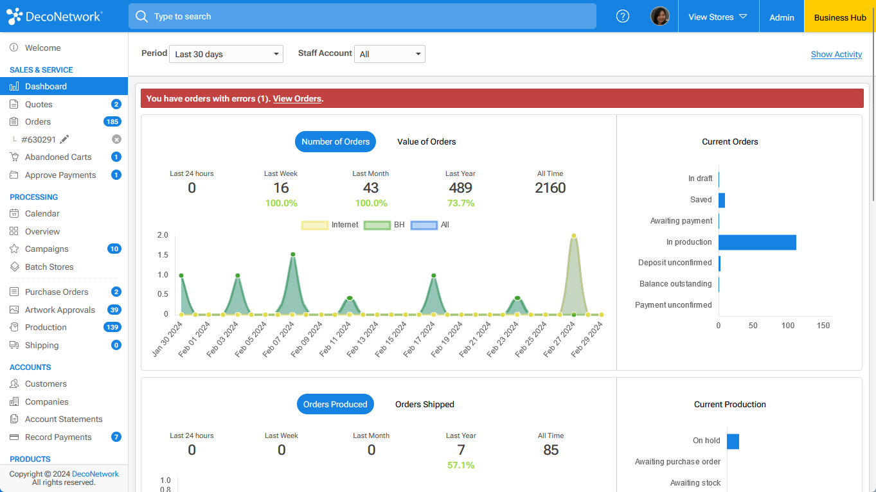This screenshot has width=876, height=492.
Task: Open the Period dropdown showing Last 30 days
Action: point(226,54)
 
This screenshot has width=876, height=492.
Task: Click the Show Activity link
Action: point(836,55)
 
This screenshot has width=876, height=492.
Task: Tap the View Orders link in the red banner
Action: point(297,98)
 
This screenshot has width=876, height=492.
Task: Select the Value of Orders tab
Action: point(426,141)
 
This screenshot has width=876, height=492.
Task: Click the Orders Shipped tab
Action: point(424,404)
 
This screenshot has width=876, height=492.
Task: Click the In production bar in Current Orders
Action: point(757,242)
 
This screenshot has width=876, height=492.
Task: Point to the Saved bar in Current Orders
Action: point(722,200)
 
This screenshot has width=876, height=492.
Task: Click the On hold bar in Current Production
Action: point(733,441)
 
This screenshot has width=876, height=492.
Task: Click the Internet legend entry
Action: point(330,225)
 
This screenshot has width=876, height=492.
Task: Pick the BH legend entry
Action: point(385,225)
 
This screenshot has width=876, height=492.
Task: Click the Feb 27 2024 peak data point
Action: point(573,236)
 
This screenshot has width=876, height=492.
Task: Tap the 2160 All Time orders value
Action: point(550,188)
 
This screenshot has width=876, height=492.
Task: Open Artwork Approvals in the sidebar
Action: point(60,310)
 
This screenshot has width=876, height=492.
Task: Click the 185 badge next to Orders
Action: point(112,121)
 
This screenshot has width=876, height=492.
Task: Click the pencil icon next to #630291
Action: point(64,139)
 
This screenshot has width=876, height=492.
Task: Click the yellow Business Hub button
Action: point(840,17)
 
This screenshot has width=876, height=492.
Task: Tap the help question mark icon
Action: point(622,17)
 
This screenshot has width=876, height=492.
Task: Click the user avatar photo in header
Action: point(659,17)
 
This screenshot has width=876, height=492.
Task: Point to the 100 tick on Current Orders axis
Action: point(788,325)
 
